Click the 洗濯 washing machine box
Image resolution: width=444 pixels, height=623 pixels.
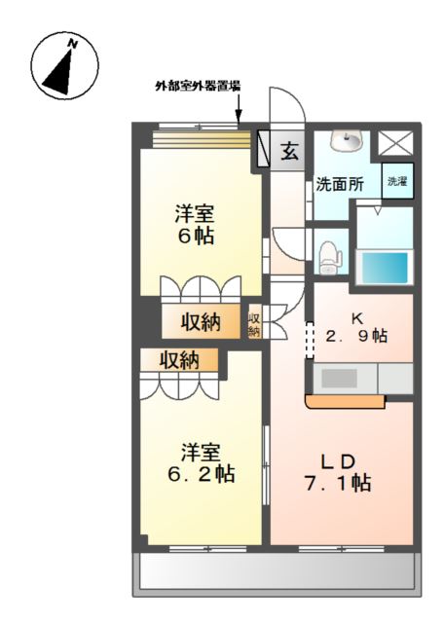click(x=396, y=181)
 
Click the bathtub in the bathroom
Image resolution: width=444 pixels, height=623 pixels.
click(x=384, y=265)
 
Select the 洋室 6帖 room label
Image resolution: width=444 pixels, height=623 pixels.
click(x=195, y=224)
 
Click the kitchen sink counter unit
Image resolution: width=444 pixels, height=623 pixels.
click(x=343, y=378)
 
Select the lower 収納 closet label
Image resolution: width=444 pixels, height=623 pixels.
click(x=180, y=360)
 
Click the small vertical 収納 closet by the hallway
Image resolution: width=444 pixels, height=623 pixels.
click(x=254, y=323)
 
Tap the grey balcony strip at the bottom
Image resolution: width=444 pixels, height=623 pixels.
click(x=277, y=572)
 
